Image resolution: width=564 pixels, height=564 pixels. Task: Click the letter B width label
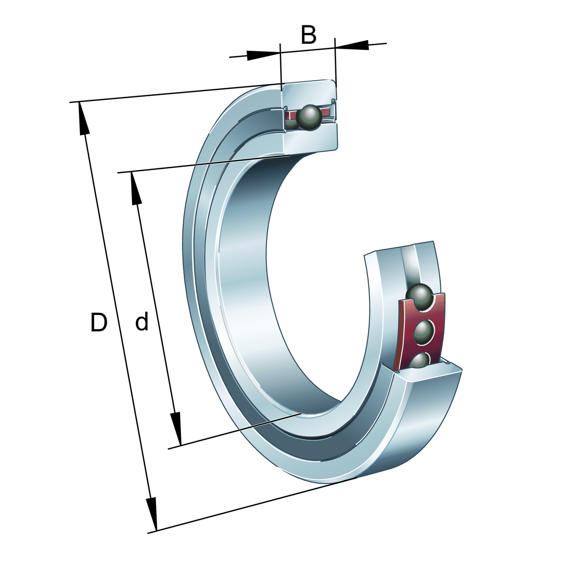point(308,35)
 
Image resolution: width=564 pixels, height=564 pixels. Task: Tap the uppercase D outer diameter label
point(99,323)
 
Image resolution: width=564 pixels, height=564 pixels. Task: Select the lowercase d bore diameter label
point(141,323)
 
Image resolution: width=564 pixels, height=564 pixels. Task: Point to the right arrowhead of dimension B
point(352,45)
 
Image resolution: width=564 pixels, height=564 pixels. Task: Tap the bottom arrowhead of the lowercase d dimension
point(176,428)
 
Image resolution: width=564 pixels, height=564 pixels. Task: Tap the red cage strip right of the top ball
point(327,113)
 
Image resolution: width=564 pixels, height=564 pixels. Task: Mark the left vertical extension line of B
point(281,66)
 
